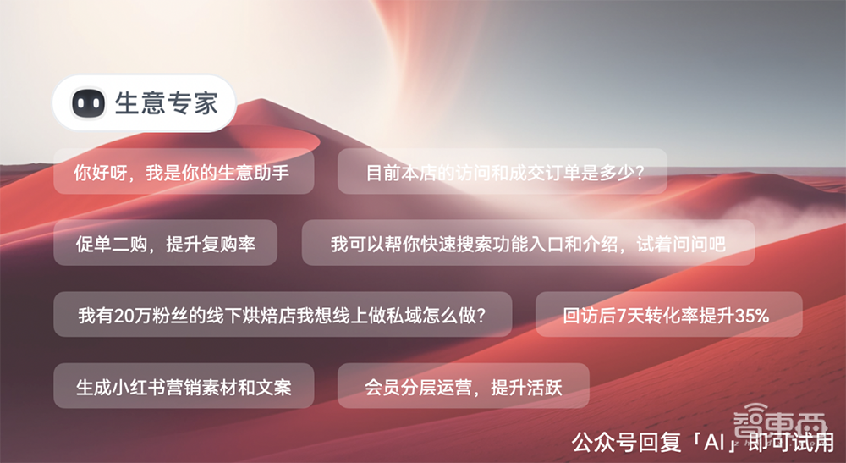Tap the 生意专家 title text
(x=167, y=103)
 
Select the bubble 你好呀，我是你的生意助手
(x=183, y=172)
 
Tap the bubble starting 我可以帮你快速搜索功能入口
(x=528, y=244)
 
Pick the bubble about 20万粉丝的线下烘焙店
(x=282, y=316)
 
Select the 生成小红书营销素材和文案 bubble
(x=184, y=387)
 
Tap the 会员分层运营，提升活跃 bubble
(x=464, y=387)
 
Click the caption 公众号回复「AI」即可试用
(x=701, y=442)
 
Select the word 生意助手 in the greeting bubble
(x=253, y=173)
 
